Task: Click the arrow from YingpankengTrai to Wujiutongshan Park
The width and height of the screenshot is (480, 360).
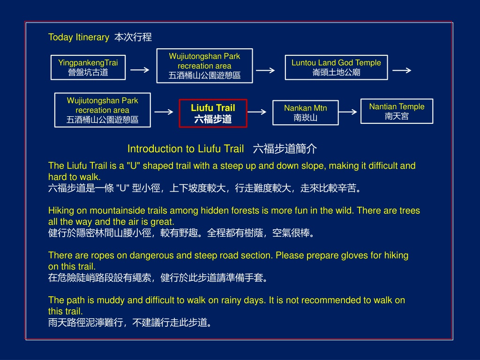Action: pyautogui.click(x=140, y=70)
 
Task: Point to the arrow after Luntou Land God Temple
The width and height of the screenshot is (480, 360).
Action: pyautogui.click(x=402, y=70)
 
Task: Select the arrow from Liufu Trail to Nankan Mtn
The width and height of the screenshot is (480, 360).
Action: pyautogui.click(x=257, y=112)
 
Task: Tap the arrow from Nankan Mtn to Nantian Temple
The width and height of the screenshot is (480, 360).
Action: pyautogui.click(x=348, y=112)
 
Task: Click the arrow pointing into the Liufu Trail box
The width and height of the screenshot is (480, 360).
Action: pyautogui.click(x=164, y=112)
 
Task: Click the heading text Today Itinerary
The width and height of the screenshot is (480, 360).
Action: pyautogui.click(x=79, y=37)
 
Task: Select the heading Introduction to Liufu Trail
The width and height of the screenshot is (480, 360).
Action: pyautogui.click(x=186, y=149)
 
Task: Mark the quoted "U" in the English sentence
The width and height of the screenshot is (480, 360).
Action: pyautogui.click(x=133, y=165)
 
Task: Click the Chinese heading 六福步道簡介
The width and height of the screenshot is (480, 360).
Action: pyautogui.click(x=285, y=149)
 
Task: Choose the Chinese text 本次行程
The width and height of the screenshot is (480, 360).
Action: pyautogui.click(x=133, y=37)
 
